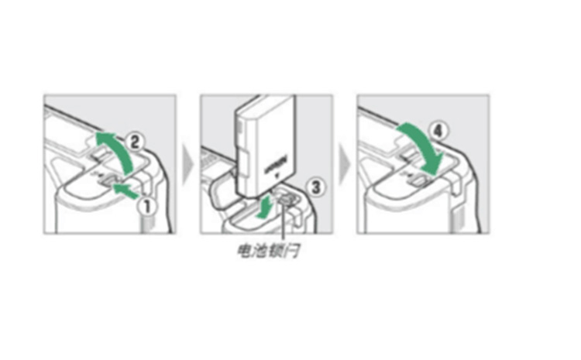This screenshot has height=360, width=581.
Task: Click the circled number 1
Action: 144,205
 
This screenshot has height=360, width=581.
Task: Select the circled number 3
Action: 313,186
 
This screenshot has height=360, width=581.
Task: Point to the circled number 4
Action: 438,132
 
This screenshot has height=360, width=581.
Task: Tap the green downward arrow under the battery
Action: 265,206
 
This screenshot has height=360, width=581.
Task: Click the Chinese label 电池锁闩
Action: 269,252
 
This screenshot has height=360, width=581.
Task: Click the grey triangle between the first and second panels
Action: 187,164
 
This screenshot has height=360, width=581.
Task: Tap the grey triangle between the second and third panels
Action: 343,164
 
